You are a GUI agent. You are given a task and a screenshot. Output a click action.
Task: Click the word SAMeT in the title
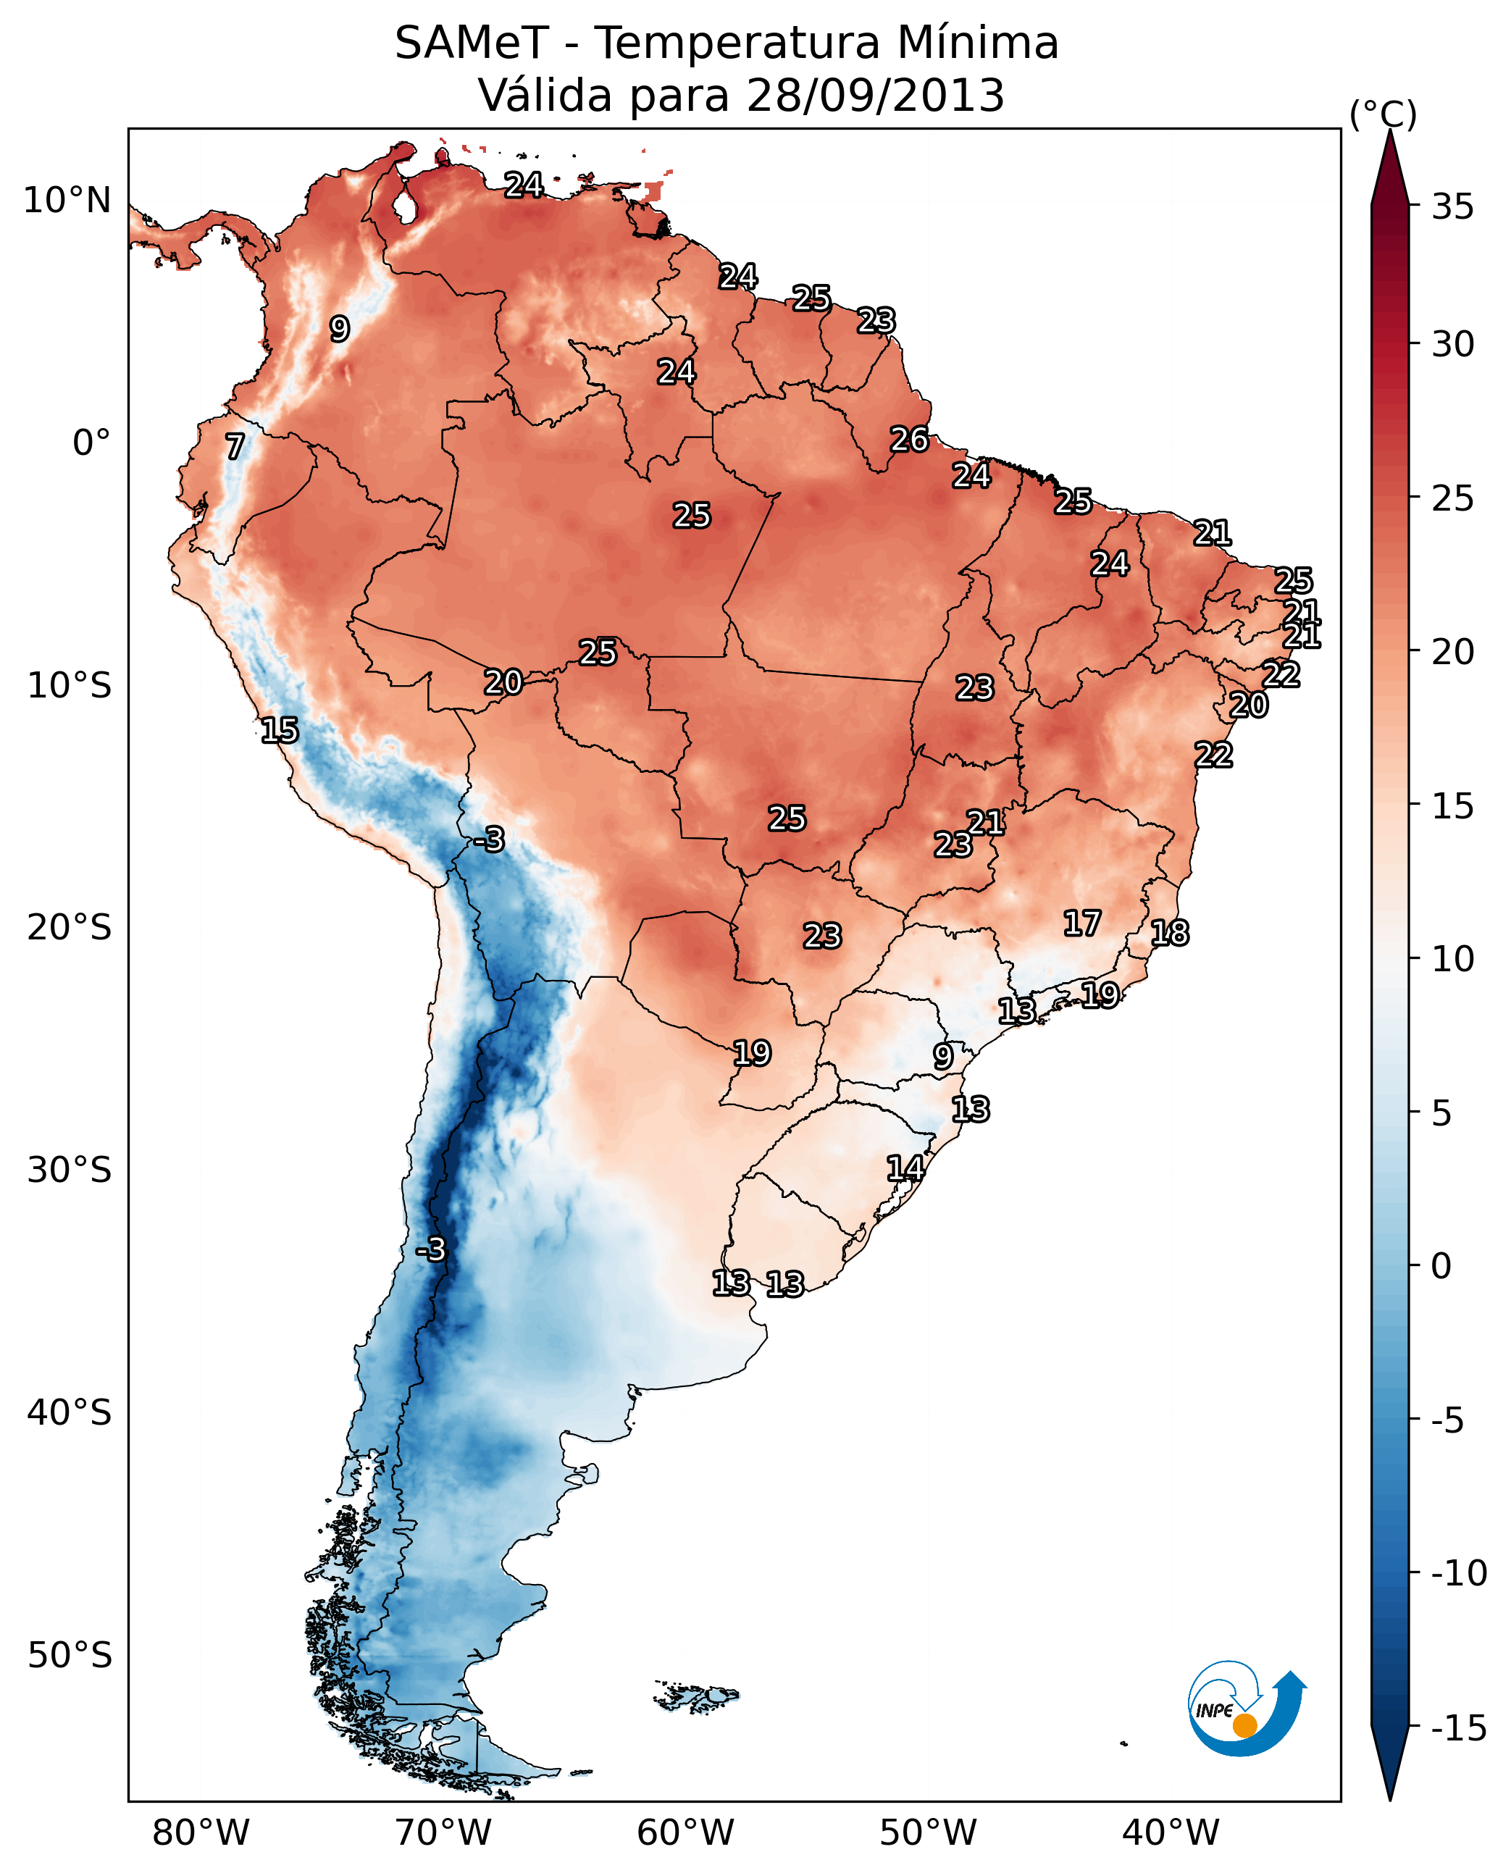pos(471,43)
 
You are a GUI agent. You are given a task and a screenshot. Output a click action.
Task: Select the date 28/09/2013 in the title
pos(875,95)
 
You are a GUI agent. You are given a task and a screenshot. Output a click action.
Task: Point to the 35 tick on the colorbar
pos(1452,207)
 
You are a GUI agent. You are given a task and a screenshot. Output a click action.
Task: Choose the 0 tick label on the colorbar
pos(1441,1266)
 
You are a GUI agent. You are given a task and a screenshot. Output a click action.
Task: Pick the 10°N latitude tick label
pos(67,201)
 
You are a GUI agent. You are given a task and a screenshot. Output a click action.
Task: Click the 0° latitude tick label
pos(91,443)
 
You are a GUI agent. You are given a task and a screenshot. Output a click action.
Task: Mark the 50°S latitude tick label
pos(70,1654)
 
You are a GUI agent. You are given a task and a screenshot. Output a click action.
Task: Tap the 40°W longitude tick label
pos(1170,1832)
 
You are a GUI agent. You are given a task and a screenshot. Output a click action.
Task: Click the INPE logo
pos(1246,1710)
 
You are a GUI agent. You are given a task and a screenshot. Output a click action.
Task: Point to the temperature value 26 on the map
pos(908,440)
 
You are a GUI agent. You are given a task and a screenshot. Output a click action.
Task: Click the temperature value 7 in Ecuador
pos(235,446)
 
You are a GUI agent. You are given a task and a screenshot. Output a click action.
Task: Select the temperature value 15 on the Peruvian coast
pos(280,730)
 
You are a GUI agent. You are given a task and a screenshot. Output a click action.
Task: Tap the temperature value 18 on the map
pos(1169,933)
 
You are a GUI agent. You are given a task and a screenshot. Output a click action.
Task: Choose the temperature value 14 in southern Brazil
pos(905,1168)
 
